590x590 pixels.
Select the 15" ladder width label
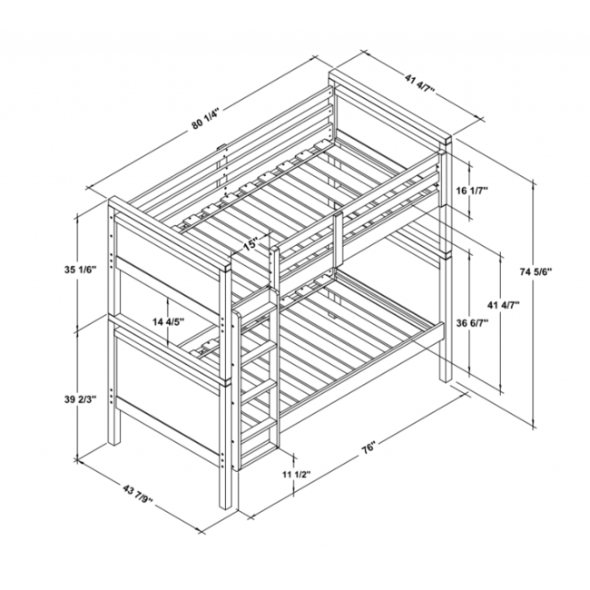click(x=251, y=244)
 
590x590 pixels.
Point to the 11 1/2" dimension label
click(x=296, y=475)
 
